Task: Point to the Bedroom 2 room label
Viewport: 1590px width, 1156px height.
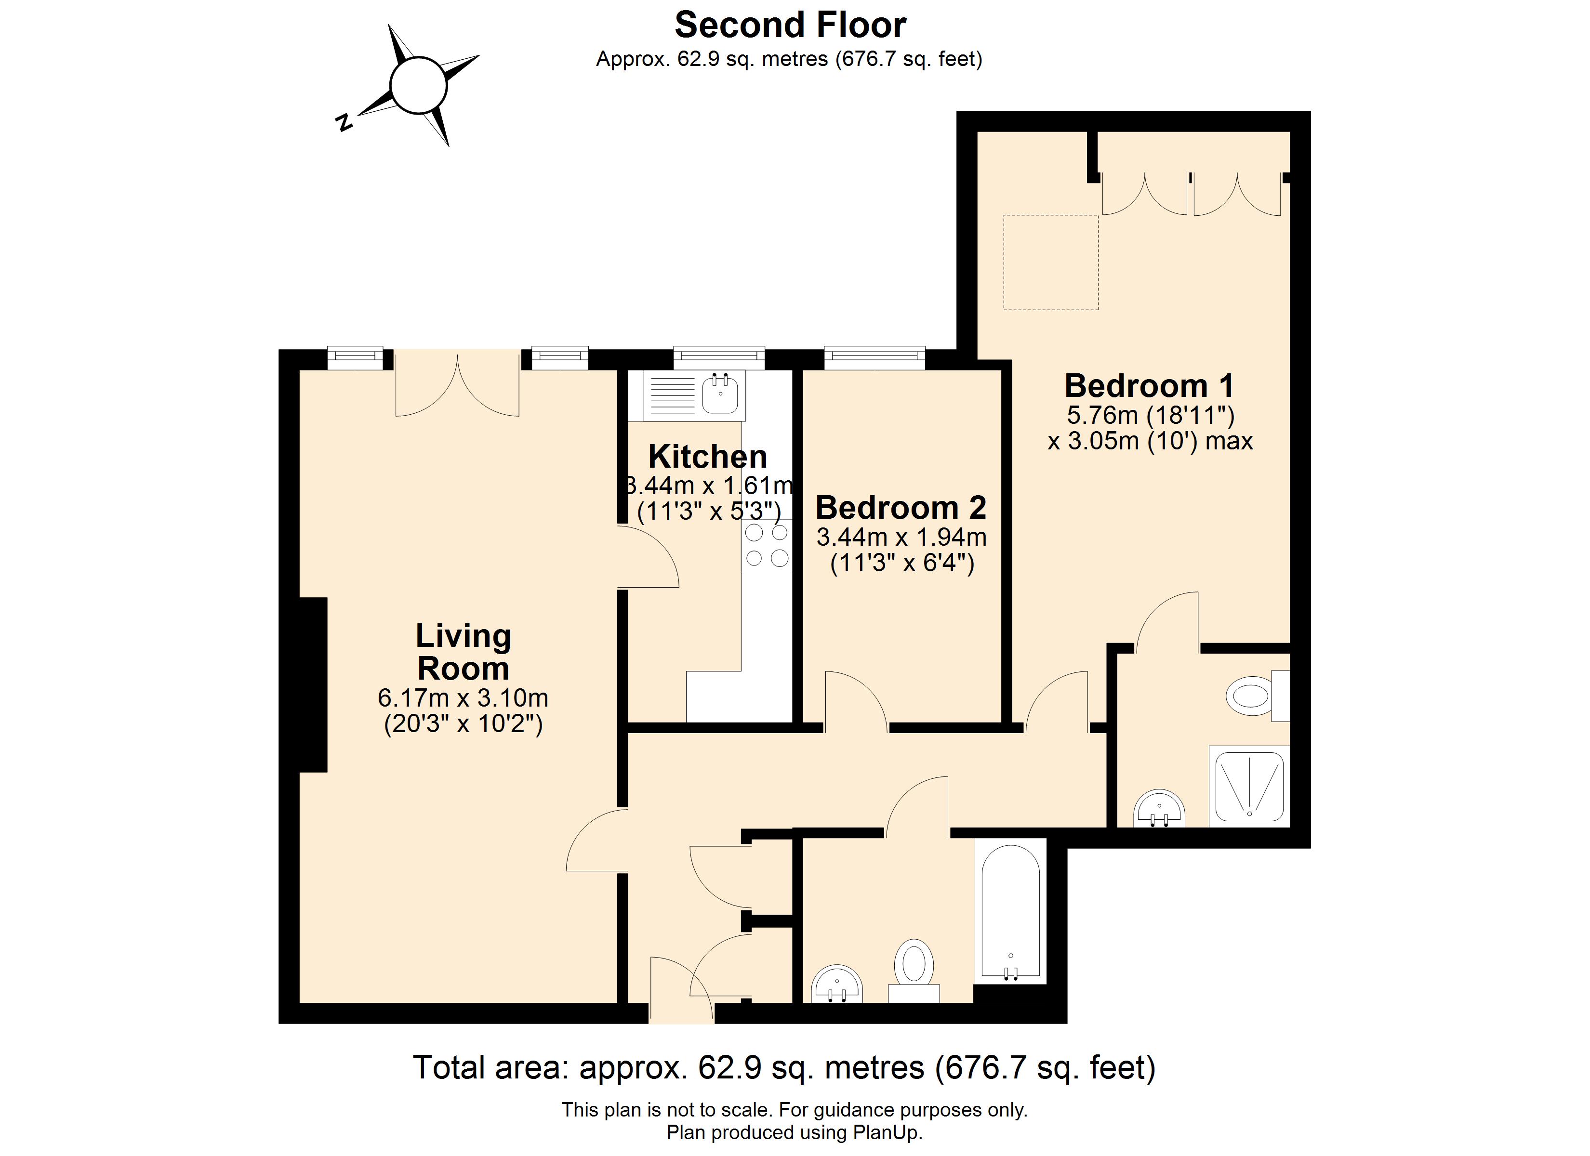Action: (x=901, y=508)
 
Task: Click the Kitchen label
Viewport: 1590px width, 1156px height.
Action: (x=707, y=457)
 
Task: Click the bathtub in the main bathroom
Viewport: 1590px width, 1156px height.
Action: (x=1010, y=911)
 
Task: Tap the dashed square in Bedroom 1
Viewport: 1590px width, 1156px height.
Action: (x=1050, y=262)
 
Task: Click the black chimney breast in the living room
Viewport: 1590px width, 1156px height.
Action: (x=313, y=684)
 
